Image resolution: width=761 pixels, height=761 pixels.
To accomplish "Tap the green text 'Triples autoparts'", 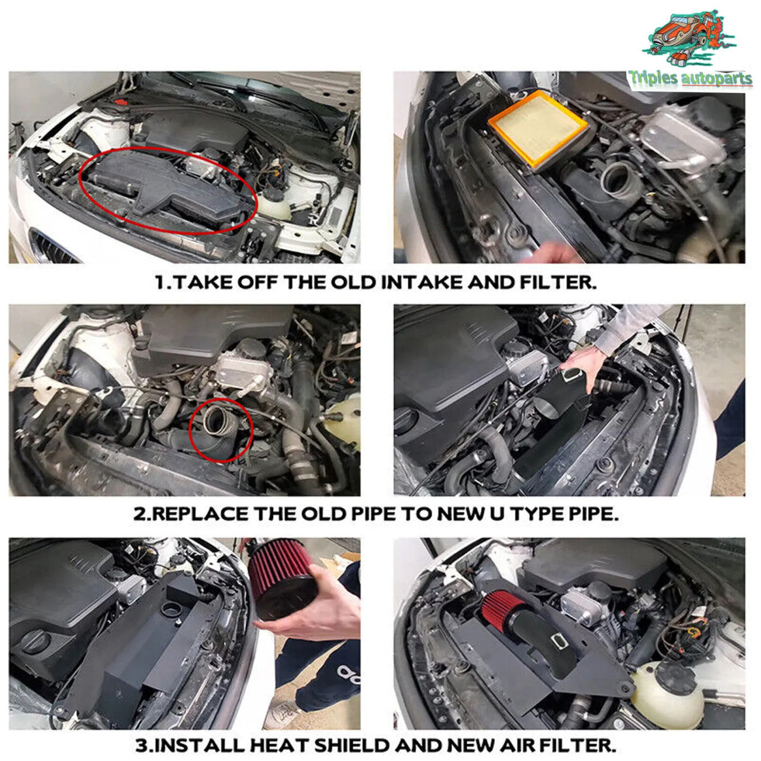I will click(x=690, y=77).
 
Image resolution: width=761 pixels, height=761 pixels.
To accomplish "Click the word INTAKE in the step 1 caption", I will click(x=421, y=282).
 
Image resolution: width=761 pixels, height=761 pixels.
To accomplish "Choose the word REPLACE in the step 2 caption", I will click(x=201, y=514).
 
